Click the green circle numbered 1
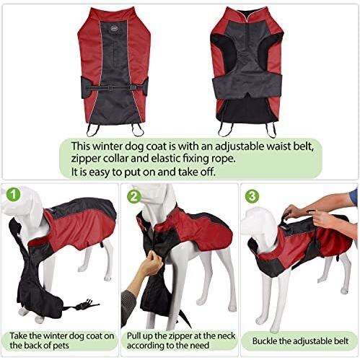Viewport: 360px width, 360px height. pyautogui.click(x=13, y=194)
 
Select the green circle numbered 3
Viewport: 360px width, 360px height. pyautogui.click(x=253, y=196)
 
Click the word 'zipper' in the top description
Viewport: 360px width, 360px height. pyautogui.click(x=85, y=159)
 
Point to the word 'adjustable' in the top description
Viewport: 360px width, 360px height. pyautogui.click(x=239, y=146)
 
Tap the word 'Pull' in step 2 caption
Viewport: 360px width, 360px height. pyautogui.click(x=133, y=335)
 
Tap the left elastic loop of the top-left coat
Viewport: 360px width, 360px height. pyautogui.click(x=92, y=130)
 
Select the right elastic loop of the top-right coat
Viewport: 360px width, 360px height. pyautogui.click(x=271, y=131)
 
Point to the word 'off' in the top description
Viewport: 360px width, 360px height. pyautogui.click(x=208, y=172)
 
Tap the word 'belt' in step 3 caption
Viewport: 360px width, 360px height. pyautogui.click(x=341, y=341)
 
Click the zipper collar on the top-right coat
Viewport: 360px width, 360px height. pyautogui.click(x=247, y=17)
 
